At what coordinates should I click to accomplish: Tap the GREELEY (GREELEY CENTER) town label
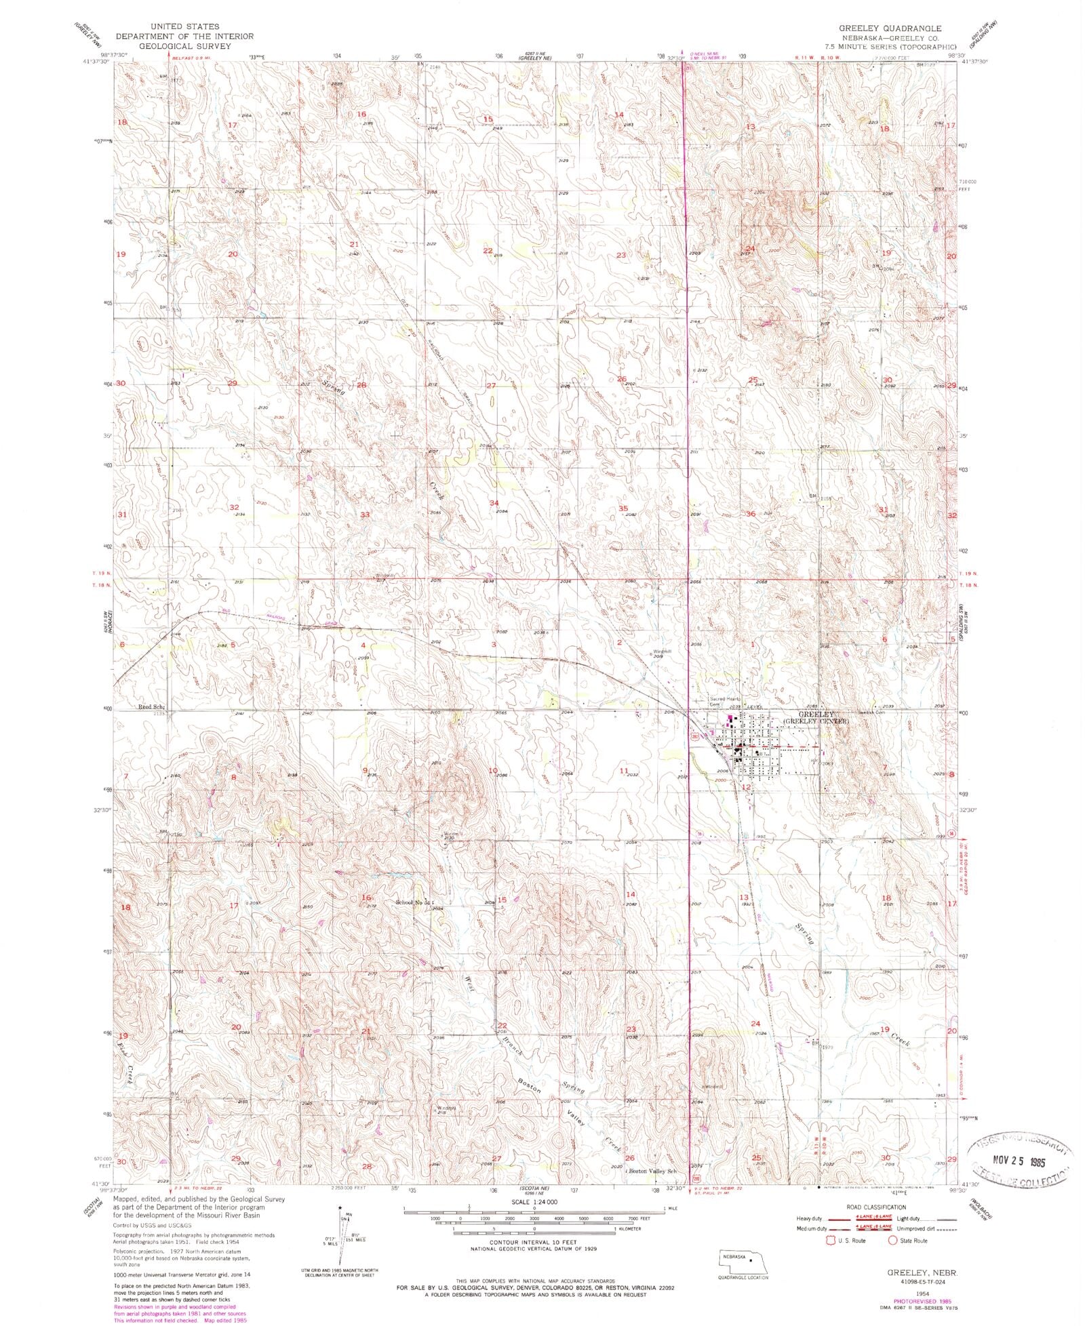[816, 718]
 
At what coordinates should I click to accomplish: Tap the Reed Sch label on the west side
[151, 706]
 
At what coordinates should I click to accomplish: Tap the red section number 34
[494, 502]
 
